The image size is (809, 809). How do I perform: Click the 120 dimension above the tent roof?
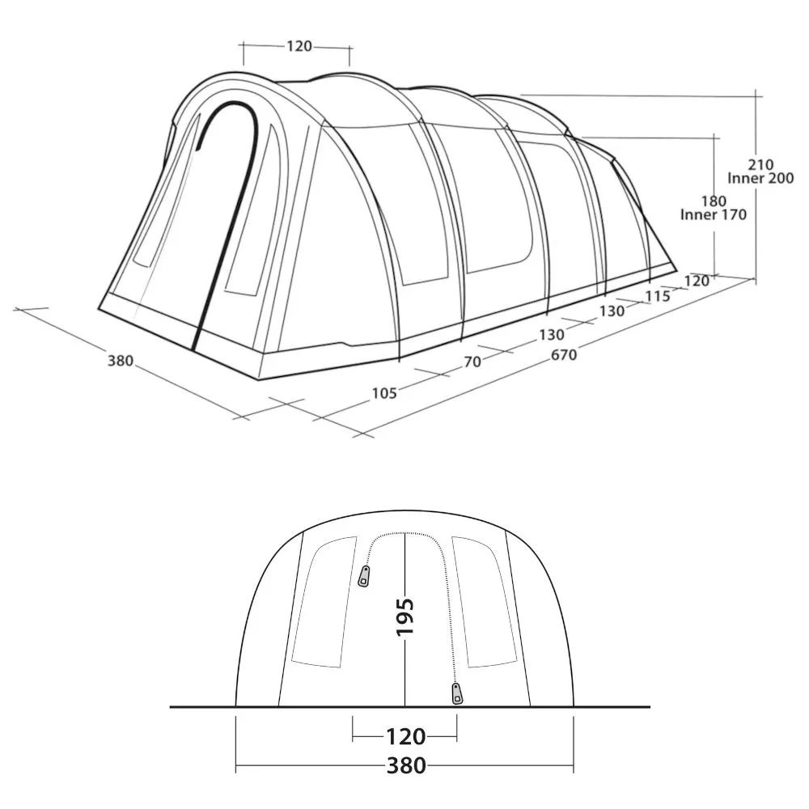[x=299, y=46]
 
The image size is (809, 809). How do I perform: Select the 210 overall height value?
[x=761, y=165]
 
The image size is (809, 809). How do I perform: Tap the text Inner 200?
[x=760, y=179]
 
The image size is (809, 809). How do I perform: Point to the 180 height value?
[x=714, y=201]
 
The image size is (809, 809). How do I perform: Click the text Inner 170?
[x=714, y=214]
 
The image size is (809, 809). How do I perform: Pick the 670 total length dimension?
[x=563, y=355]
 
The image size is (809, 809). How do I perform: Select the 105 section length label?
[x=384, y=394]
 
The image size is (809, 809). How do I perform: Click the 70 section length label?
[x=472, y=362]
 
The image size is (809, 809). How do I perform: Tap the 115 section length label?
[x=657, y=296]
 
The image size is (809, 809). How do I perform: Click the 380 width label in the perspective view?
[x=121, y=361]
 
